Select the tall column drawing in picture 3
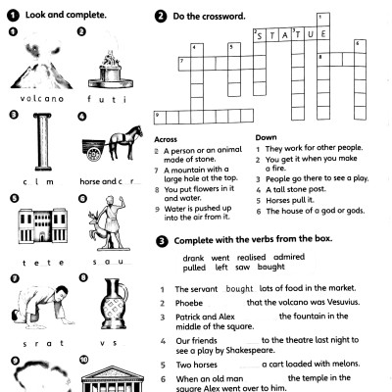(39, 146)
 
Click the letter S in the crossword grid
(261, 35)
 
